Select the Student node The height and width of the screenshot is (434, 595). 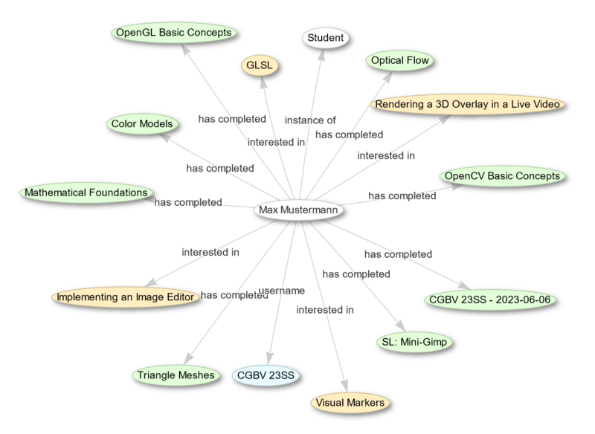[324, 38]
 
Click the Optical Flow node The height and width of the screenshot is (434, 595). [398, 61]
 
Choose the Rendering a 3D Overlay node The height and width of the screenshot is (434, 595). [467, 105]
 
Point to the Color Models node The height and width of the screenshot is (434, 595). [142, 123]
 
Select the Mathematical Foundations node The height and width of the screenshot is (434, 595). [86, 193]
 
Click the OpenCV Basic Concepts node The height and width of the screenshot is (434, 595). [501, 177]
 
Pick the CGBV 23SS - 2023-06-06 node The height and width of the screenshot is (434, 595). [491, 300]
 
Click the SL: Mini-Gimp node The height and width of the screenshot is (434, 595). [414, 343]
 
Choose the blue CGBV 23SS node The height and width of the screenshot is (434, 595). [267, 375]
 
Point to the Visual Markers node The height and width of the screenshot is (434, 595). [350, 403]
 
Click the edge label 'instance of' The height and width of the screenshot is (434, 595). [310, 120]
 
